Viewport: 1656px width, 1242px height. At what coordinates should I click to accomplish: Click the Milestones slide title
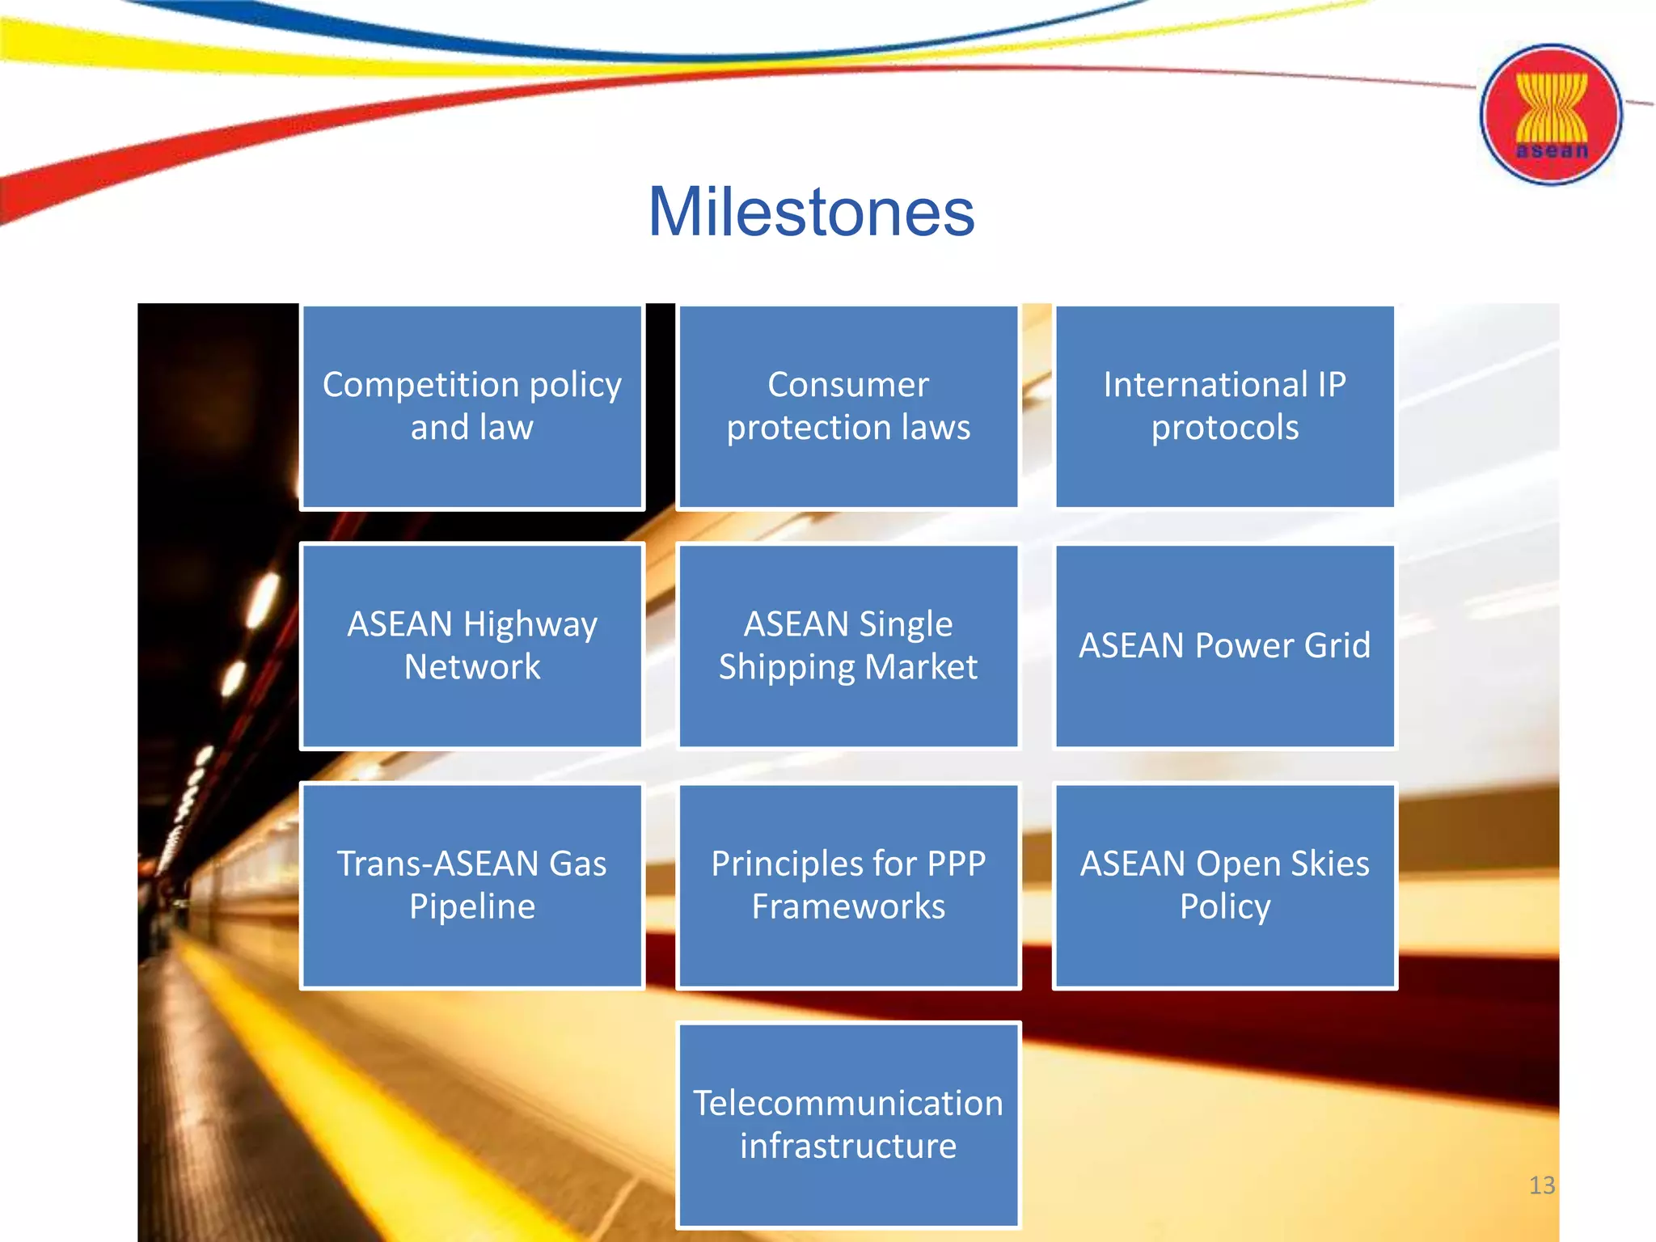pos(811,212)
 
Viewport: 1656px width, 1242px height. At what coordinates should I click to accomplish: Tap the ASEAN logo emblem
pos(1550,115)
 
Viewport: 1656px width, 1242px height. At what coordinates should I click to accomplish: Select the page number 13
pos(1541,1185)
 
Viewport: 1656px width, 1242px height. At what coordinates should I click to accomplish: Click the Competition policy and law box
pos(472,407)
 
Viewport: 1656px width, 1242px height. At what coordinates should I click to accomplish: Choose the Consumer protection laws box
pos(848,407)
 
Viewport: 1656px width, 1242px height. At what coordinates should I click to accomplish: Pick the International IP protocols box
pos(1224,407)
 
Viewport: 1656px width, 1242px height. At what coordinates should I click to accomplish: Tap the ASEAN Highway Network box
pos(472,646)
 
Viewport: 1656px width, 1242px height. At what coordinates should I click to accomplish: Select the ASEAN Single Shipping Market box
pos(848,646)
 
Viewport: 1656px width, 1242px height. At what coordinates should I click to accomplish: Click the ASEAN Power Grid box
pos(1224,646)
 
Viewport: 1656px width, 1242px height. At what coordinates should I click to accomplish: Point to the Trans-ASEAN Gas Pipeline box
pos(472,885)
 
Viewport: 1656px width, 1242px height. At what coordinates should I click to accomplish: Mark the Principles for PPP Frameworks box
pos(848,885)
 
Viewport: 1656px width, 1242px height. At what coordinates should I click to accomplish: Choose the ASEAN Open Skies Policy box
pos(1224,885)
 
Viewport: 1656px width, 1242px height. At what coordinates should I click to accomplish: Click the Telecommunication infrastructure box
pos(848,1125)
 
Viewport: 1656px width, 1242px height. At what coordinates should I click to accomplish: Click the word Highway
pos(530,625)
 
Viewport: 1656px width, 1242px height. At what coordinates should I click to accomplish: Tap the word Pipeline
pos(472,906)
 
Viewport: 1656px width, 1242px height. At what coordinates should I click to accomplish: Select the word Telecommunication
pos(848,1103)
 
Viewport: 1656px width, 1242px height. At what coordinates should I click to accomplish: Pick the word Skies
pos(1329,864)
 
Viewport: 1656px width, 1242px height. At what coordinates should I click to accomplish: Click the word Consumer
pos(848,385)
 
